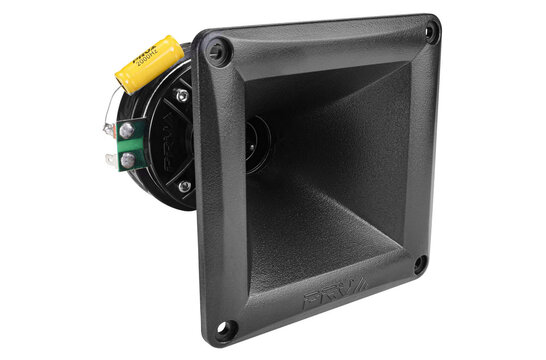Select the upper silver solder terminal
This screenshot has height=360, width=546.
pyautogui.click(x=127, y=130)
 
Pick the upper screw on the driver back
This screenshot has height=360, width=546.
pyautogui.click(x=181, y=96)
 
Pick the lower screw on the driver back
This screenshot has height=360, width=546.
pyautogui.click(x=184, y=186)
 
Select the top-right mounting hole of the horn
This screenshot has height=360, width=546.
pyautogui.click(x=431, y=32)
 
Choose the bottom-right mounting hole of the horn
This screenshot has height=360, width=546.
pyautogui.click(x=421, y=265)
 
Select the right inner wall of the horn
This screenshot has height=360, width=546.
pyautogui.click(x=390, y=150)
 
